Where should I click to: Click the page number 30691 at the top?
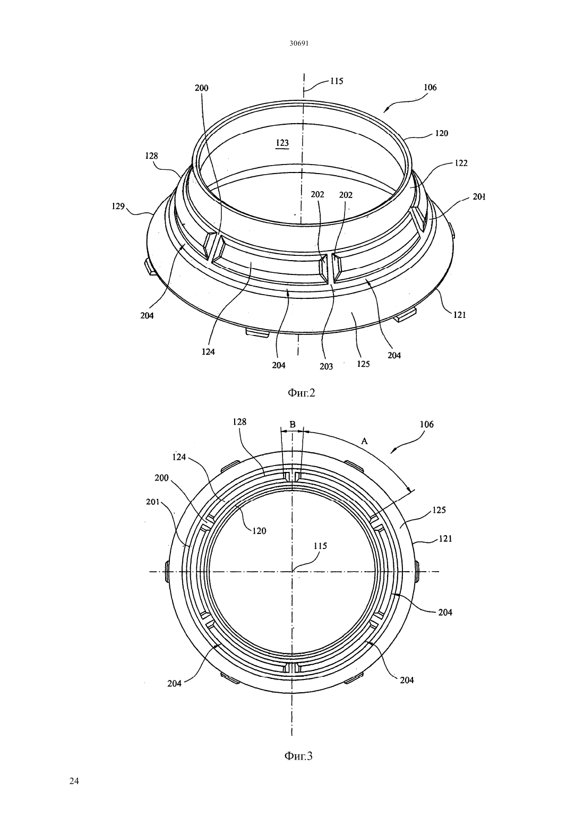298,44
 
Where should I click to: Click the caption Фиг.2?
301,393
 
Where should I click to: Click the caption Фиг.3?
298,756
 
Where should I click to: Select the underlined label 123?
282,143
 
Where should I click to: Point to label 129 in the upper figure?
118,206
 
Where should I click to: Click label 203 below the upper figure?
327,366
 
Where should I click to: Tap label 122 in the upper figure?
461,163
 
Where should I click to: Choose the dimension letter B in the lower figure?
293,425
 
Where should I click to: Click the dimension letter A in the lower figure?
364,441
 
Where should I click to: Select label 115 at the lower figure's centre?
320,546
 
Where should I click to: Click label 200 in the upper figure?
202,88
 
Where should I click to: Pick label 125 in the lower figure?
439,510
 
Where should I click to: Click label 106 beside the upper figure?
430,88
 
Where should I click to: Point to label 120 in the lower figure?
259,531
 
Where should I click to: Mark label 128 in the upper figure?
151,156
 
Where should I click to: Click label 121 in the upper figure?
460,315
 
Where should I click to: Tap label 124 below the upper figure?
208,352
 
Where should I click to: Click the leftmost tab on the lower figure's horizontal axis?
167,571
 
